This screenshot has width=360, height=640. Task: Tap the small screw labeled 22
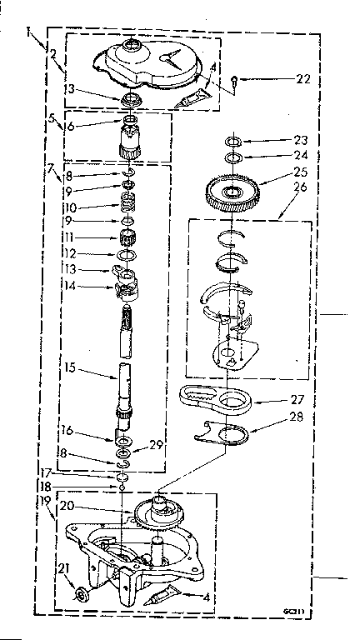point(237,81)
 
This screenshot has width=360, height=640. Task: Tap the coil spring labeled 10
point(128,203)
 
